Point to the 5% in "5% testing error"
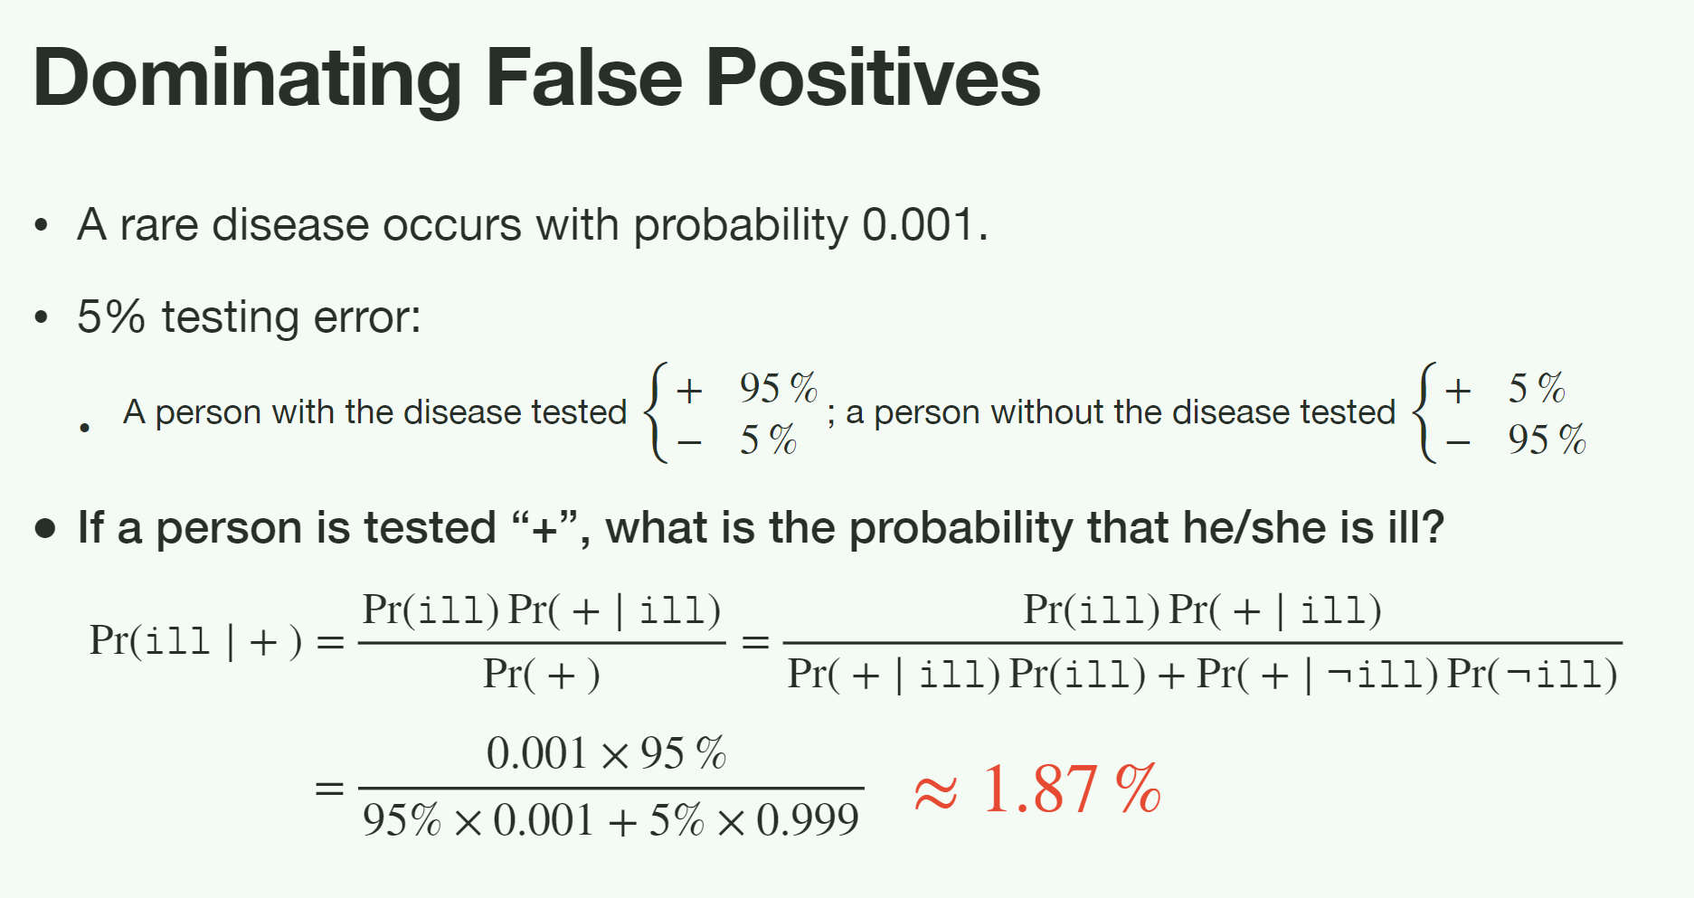111,317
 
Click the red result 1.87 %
1071,789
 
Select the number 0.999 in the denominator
808,820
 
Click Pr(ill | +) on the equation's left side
195,641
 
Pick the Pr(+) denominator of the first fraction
542,675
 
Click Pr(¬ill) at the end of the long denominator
1532,675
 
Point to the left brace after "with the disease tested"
656,412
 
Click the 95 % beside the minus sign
1547,440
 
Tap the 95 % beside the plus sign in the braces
778,388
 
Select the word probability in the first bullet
741,226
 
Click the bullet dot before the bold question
45,528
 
